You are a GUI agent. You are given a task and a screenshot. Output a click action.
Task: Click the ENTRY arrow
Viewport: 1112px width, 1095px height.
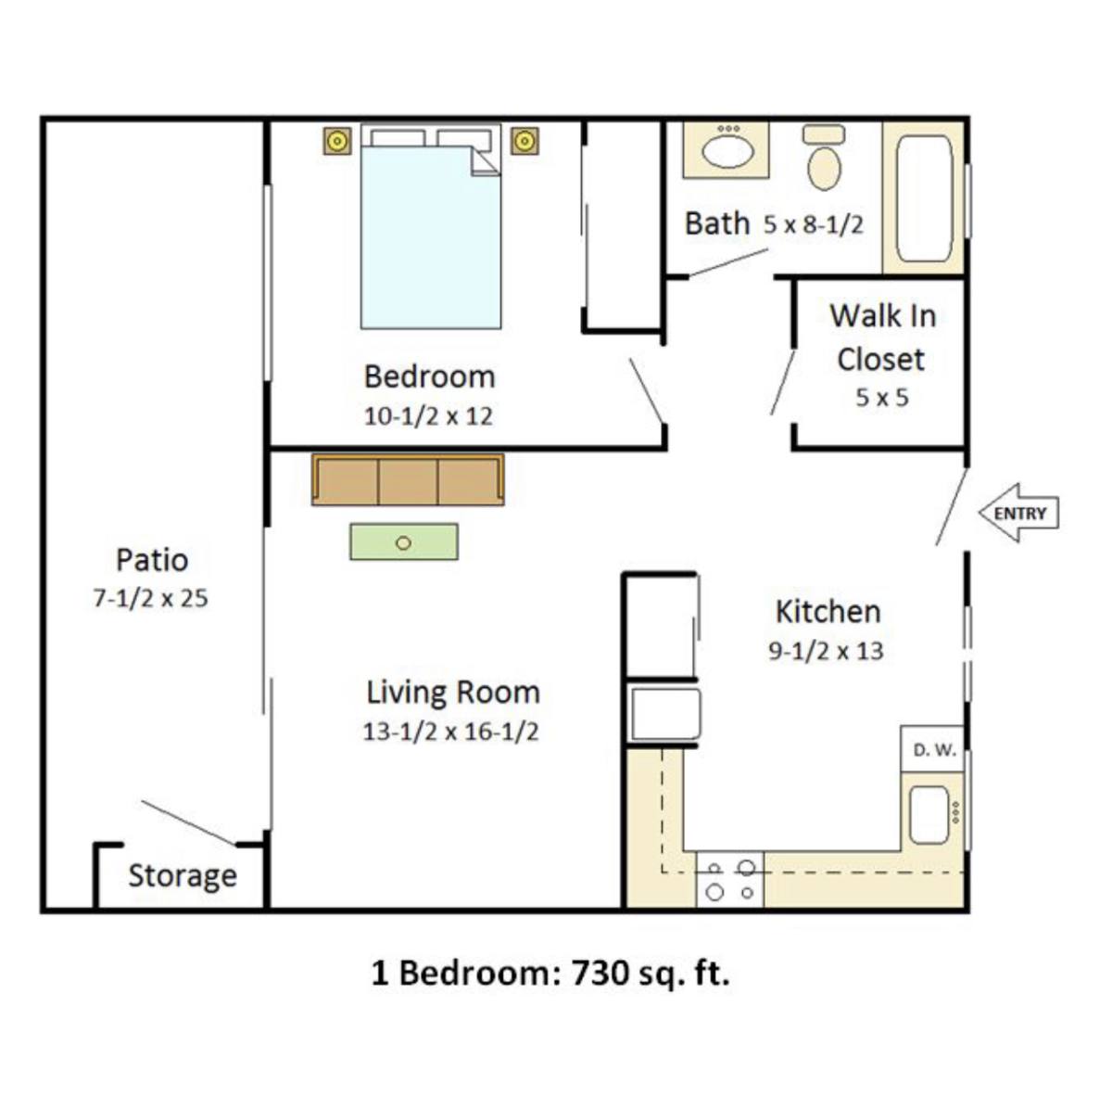click(1018, 513)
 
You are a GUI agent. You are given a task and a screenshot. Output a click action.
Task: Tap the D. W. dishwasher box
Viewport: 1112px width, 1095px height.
click(933, 749)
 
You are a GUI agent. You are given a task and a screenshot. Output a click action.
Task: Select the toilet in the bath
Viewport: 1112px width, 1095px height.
click(824, 157)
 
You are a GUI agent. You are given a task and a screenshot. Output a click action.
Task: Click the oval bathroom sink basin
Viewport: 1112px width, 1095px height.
click(727, 152)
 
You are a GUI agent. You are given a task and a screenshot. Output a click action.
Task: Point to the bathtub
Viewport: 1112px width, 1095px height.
click(924, 198)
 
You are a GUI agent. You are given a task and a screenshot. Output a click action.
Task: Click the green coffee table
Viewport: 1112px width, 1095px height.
click(404, 541)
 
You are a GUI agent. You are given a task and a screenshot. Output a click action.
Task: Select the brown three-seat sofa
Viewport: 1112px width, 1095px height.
click(408, 480)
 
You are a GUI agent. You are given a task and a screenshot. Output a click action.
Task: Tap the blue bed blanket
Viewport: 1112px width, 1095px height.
click(431, 238)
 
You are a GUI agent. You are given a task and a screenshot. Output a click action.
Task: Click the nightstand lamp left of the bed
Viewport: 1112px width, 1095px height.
click(337, 141)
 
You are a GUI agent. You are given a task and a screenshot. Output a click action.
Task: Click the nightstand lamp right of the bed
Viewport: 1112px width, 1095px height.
click(524, 141)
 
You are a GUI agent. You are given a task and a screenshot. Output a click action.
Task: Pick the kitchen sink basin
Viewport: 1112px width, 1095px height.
click(929, 815)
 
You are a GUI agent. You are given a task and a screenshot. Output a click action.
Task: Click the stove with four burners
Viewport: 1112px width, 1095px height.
click(730, 880)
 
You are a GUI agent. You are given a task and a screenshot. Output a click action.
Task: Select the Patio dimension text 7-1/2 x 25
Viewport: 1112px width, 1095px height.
click(151, 598)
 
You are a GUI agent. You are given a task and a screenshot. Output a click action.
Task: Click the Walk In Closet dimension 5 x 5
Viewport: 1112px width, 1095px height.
click(882, 398)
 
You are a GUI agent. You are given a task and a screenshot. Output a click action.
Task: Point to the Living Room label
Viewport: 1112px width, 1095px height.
click(453, 692)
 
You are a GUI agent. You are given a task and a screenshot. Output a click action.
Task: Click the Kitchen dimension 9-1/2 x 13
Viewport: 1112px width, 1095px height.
click(826, 651)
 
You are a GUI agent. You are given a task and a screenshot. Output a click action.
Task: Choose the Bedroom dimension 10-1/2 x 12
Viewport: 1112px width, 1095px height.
click(428, 415)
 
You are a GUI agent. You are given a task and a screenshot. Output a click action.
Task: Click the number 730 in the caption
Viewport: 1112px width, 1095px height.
click(600, 974)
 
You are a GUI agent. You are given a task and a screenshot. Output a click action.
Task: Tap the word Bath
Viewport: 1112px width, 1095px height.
click(717, 223)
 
